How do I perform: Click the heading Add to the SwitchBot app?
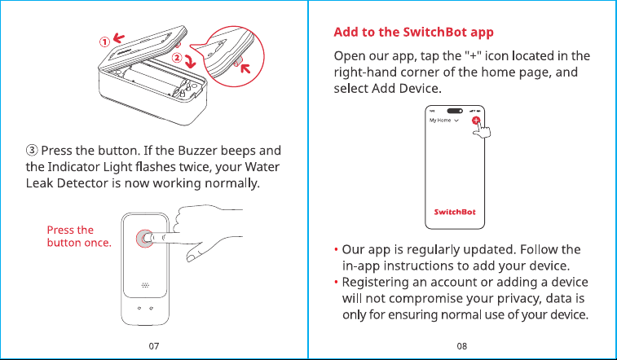413,33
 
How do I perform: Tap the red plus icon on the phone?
476,121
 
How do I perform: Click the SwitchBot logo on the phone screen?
455,212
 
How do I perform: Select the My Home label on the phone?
440,121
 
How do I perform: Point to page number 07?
154,346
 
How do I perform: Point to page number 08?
462,346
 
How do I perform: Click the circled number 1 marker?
104,42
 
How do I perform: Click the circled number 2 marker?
177,58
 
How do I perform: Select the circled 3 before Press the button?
32,150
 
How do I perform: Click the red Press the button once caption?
79,236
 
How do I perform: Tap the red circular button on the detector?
144,239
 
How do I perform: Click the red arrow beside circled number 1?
119,37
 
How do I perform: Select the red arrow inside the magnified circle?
245,68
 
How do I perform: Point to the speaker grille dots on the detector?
145,285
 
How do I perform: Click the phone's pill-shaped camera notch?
455,111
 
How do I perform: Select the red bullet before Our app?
336,249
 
